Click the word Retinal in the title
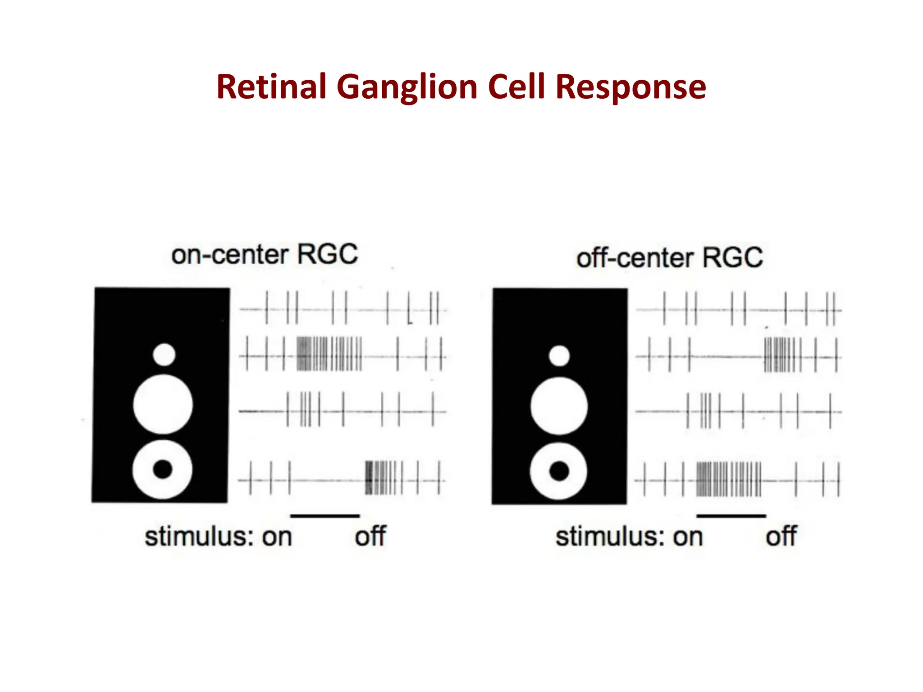tap(271, 86)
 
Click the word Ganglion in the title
tap(407, 86)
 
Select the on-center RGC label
tap(265, 255)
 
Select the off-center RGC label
tap(669, 258)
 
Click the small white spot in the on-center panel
tap(164, 355)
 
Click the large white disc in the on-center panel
tap(163, 404)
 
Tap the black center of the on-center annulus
tap(163, 469)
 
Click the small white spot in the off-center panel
tap(559, 356)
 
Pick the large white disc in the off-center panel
tap(559, 406)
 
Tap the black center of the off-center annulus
tap(559, 471)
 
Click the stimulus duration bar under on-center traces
tap(325, 516)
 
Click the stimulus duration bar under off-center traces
tap(731, 516)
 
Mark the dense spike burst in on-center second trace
tap(329, 354)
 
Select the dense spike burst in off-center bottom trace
tap(728, 479)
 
